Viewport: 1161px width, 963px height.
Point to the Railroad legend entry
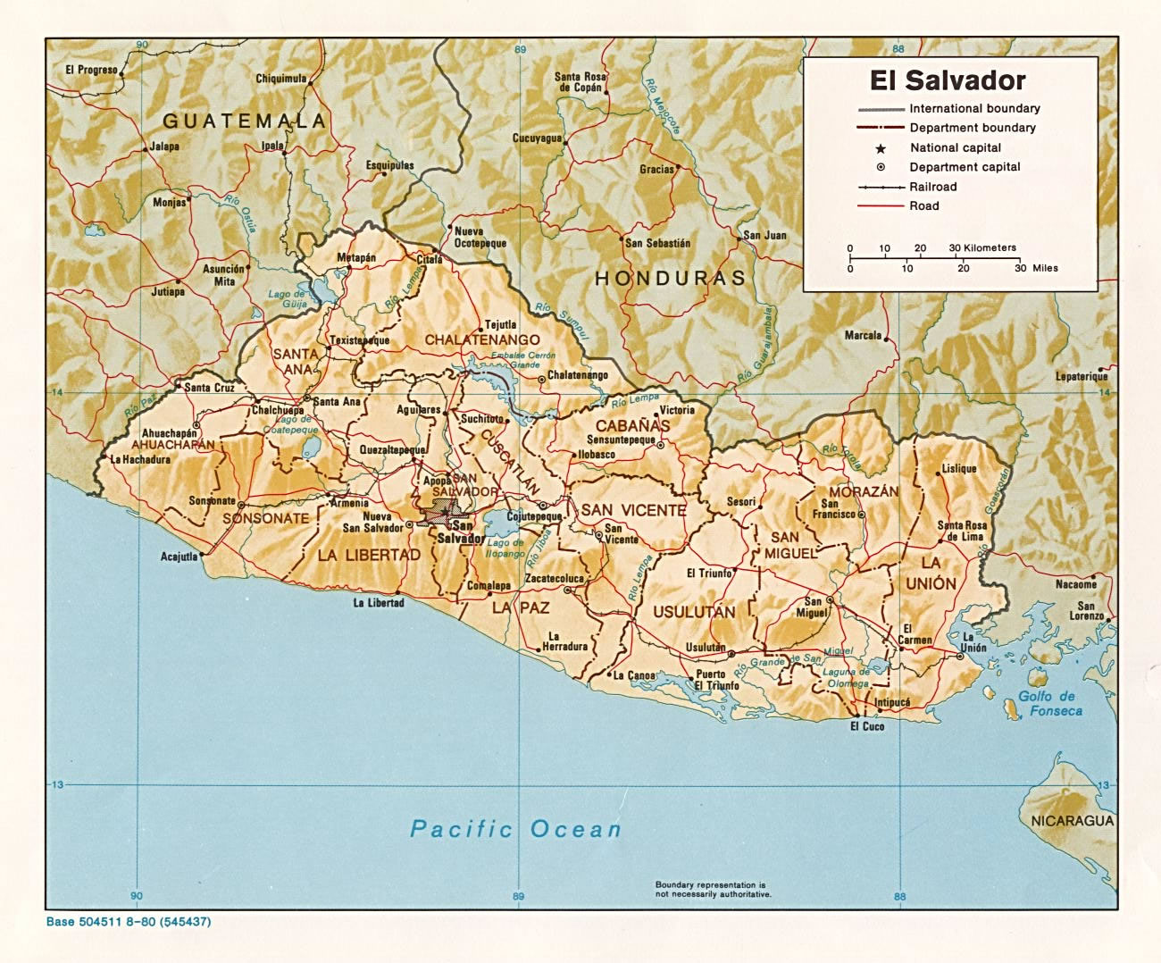pyautogui.click(x=932, y=187)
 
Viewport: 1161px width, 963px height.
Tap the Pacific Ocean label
pyautogui.click(x=515, y=829)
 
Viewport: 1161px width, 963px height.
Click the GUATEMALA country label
pyautogui.click(x=244, y=120)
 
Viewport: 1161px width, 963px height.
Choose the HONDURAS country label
pyautogui.click(x=670, y=278)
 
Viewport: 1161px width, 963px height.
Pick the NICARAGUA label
pyautogui.click(x=1071, y=821)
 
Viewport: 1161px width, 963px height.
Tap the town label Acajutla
pyautogui.click(x=179, y=557)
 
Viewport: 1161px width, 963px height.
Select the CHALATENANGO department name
pyautogui.click(x=482, y=339)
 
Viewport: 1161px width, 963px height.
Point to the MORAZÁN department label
pyautogui.click(x=863, y=492)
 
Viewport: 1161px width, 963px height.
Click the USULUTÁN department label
pyautogui.click(x=694, y=612)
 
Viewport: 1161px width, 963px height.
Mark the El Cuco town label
pyautogui.click(x=866, y=727)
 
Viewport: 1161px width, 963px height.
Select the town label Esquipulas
pyautogui.click(x=389, y=165)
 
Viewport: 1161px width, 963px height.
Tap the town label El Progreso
pyautogui.click(x=91, y=70)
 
